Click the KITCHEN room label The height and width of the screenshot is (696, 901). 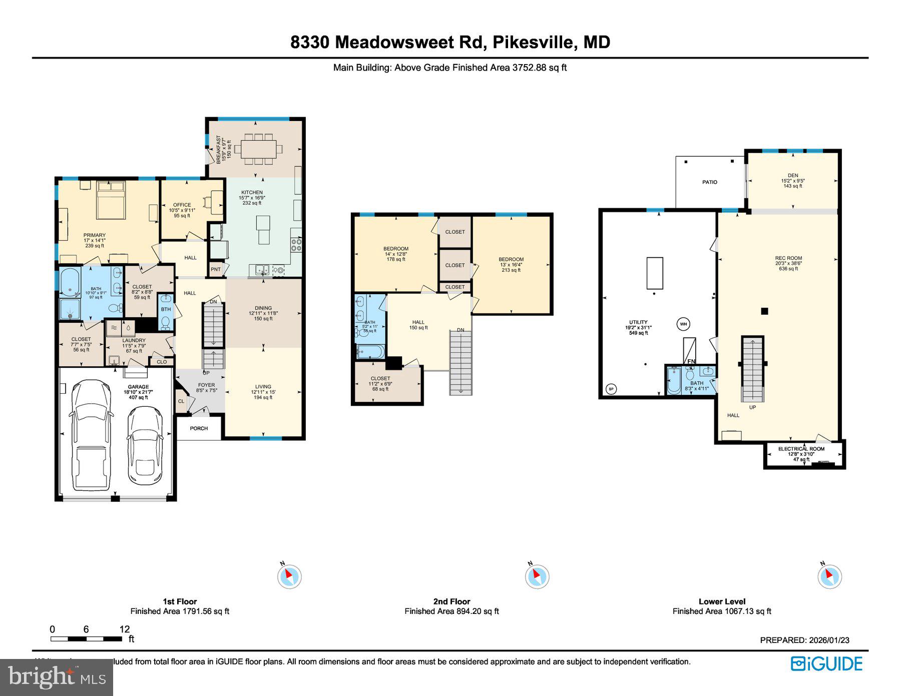click(x=252, y=193)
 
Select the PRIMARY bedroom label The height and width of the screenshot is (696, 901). click(x=95, y=235)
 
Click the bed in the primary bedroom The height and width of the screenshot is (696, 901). click(x=111, y=200)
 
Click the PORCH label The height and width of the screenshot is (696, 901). click(x=199, y=428)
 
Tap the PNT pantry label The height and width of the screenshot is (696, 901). click(x=216, y=269)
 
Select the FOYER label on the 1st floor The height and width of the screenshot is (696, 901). click(x=206, y=385)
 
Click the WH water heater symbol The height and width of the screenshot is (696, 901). click(x=683, y=324)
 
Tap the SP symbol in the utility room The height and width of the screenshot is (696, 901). click(x=611, y=388)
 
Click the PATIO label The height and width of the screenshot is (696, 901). click(x=709, y=182)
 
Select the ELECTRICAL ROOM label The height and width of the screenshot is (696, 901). click(x=801, y=449)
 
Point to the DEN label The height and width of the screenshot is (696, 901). click(x=793, y=176)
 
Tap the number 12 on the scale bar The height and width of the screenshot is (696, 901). click(x=125, y=629)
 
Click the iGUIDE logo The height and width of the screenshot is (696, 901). click(x=826, y=663)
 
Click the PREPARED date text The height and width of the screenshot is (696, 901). click(x=804, y=640)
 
